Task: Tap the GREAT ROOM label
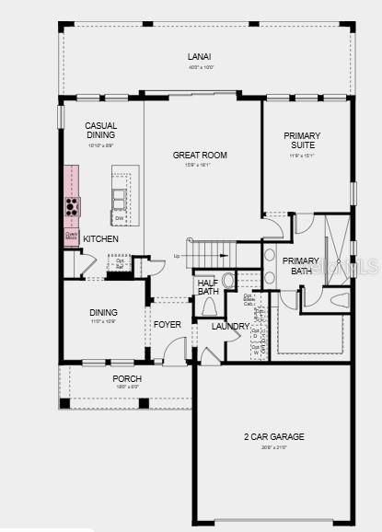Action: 200,155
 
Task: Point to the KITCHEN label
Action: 100,239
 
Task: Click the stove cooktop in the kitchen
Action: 71,205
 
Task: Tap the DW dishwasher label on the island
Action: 119,218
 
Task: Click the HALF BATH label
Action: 207,287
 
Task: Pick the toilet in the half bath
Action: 208,306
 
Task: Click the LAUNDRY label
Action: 230,327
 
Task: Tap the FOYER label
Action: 167,325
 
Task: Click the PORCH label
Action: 127,378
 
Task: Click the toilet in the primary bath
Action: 339,299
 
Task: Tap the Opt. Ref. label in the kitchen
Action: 120,262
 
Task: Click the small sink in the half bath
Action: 228,279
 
